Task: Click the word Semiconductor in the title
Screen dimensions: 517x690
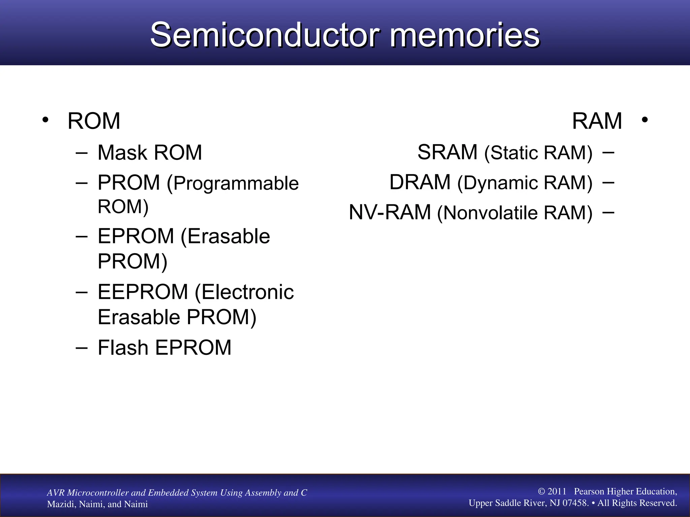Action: coord(265,35)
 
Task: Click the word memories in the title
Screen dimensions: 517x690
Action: coord(465,35)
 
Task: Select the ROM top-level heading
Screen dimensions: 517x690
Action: coord(94,121)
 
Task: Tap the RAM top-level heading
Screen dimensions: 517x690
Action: coord(597,121)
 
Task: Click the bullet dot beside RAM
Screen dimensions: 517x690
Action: coord(645,120)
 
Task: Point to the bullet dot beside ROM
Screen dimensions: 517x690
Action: coord(45,120)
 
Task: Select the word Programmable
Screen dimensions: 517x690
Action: coord(236,183)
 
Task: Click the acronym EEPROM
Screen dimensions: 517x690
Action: coord(143,292)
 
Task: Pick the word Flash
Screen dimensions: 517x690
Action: coord(123,347)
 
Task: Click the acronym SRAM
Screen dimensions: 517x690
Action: coord(447,152)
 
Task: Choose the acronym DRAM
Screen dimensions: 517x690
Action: coord(420,182)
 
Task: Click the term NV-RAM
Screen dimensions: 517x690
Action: coord(390,212)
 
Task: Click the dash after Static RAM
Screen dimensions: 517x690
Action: coord(608,152)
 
